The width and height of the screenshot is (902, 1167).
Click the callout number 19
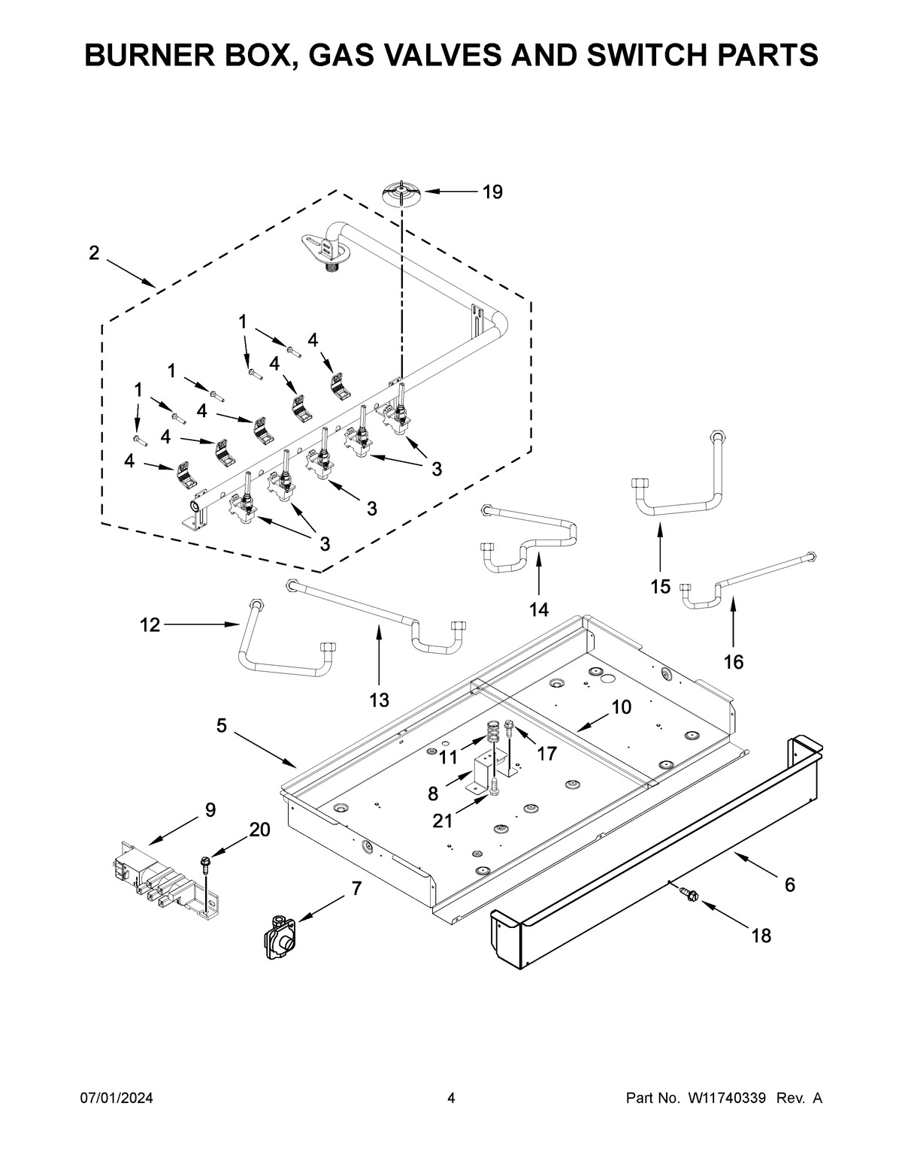click(x=492, y=192)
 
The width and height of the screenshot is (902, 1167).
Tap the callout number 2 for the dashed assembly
click(x=94, y=253)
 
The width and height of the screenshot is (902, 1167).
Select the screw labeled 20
click(x=204, y=864)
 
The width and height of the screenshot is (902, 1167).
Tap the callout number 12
click(x=150, y=624)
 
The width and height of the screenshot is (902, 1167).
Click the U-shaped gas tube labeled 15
click(x=676, y=492)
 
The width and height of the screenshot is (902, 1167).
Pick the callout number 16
click(x=734, y=662)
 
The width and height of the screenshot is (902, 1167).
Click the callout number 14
click(x=539, y=609)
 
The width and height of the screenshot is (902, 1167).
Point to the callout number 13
click(x=379, y=700)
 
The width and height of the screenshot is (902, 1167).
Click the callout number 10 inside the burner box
click(x=621, y=707)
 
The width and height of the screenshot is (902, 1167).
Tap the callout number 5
click(x=222, y=726)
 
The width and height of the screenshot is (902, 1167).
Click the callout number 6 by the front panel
click(x=789, y=885)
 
